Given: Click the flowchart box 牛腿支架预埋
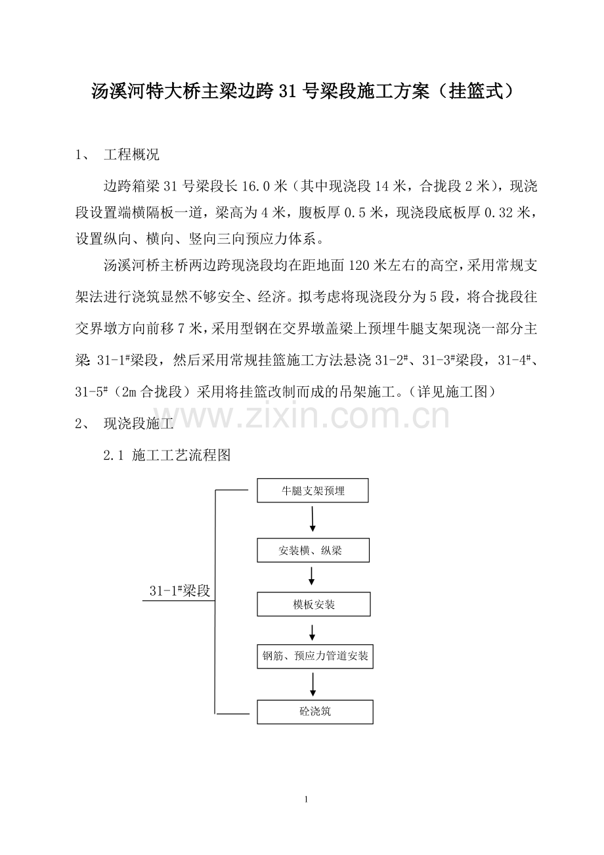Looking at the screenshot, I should (313, 491).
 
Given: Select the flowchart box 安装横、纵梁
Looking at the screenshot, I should (313, 550).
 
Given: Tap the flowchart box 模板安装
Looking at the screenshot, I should (313, 604).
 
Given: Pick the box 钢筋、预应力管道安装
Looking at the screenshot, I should (314, 656).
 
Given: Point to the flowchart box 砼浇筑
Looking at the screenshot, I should (314, 712).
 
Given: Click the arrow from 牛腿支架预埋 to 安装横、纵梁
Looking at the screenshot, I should (313, 519).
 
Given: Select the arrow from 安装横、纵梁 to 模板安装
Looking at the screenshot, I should (313, 577).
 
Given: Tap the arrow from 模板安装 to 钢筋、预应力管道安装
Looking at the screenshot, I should (313, 632).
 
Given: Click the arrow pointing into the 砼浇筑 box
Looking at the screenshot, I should (313, 684).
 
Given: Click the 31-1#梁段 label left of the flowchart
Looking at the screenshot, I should (179, 590).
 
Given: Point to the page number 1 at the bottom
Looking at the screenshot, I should (306, 800).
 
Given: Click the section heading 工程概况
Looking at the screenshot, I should (131, 156).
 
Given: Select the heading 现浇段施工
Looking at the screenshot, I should (138, 424).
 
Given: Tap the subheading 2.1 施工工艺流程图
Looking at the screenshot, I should (167, 454).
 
